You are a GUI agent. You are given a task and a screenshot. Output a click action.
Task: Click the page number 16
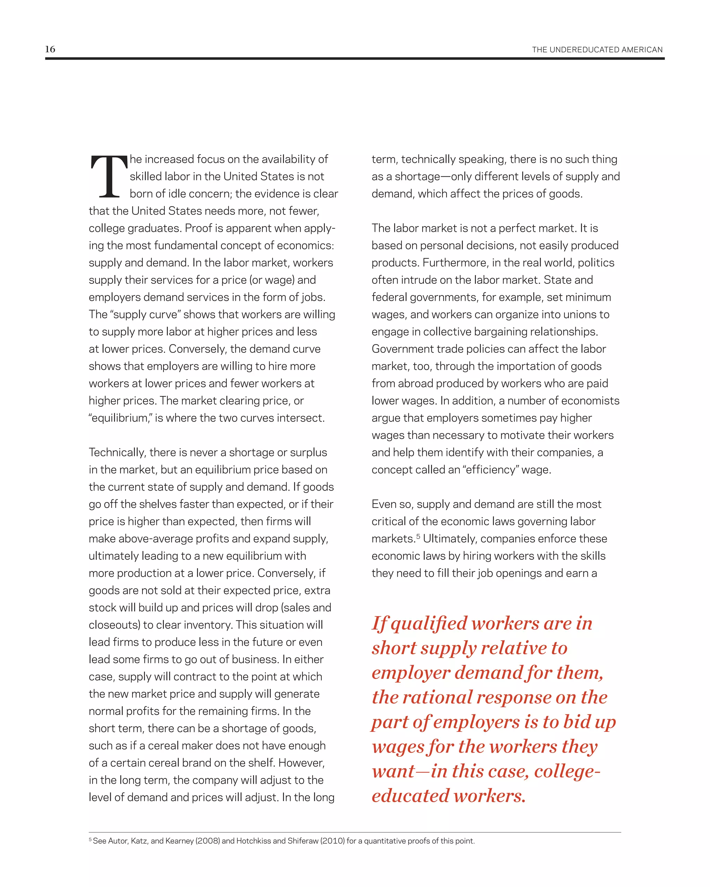coord(50,49)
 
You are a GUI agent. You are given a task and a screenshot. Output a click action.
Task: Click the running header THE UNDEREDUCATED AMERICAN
coord(597,50)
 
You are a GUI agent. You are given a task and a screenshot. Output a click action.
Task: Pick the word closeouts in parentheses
coord(114,625)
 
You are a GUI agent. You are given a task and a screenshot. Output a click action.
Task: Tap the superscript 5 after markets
coord(418,536)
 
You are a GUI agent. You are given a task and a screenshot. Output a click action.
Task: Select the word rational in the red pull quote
coord(437,698)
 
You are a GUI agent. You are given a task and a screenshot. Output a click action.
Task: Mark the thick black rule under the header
coord(355,59)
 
